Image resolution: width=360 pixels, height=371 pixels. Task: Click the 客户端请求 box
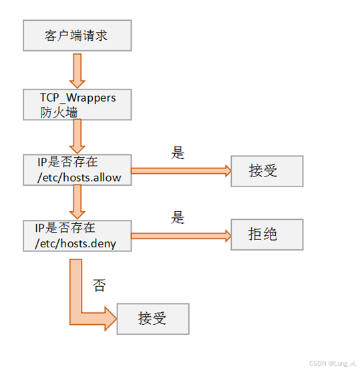[77, 35]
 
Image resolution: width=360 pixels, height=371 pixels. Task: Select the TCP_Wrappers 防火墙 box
[77, 104]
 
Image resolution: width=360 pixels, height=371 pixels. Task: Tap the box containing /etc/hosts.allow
[77, 170]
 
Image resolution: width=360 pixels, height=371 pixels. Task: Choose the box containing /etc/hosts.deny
[77, 236]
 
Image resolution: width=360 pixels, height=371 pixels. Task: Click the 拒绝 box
[267, 235]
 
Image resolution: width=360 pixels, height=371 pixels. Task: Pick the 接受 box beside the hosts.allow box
[267, 171]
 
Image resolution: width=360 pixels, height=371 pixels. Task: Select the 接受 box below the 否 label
[153, 319]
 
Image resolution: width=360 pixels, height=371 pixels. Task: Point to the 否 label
[100, 285]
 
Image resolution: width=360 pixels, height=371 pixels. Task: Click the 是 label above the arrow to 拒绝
[178, 217]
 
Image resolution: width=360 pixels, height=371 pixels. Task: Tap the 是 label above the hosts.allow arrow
[178, 153]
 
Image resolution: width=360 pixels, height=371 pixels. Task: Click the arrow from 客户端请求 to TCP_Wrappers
[77, 71]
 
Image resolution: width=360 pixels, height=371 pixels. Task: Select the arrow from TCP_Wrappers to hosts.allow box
[77, 136]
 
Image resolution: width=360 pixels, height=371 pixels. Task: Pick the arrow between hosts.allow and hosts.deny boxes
[77, 202]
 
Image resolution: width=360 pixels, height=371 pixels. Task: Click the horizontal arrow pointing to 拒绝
[181, 236]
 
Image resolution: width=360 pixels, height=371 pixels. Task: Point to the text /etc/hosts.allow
[79, 178]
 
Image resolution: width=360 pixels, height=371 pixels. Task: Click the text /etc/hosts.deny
[75, 244]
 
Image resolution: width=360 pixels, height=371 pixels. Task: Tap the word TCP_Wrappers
[77, 98]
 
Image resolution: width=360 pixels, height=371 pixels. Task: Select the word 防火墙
[59, 112]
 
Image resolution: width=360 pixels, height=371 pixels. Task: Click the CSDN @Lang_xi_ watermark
[333, 363]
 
